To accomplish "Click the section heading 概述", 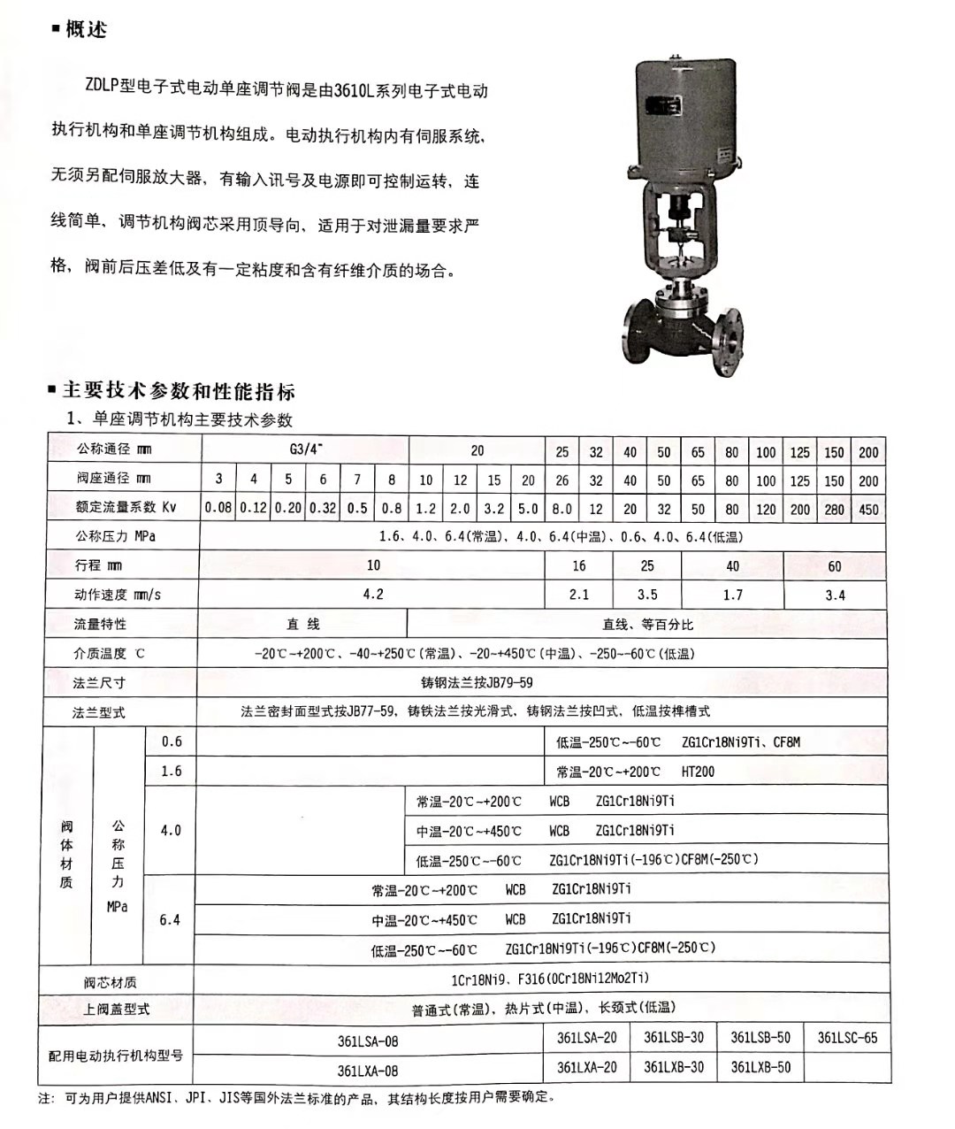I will (x=86, y=30).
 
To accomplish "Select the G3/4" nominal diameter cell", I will (x=305, y=449).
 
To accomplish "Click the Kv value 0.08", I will (x=218, y=509).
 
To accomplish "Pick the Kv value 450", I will (x=868, y=510).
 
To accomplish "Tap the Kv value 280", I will (x=834, y=510).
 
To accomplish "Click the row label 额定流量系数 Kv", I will (x=126, y=507).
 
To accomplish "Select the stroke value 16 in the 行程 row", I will (x=578, y=565).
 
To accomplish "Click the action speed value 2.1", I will (x=578, y=595).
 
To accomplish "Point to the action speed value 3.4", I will (x=835, y=595).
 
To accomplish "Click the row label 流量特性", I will (x=100, y=625).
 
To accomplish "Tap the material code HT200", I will (x=698, y=772).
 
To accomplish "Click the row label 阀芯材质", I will (x=111, y=982).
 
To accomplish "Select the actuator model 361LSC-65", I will (x=847, y=1038).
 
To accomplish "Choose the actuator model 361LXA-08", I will (x=368, y=1071).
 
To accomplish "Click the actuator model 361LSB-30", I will (x=674, y=1038).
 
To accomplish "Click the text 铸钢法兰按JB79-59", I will (x=477, y=683).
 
